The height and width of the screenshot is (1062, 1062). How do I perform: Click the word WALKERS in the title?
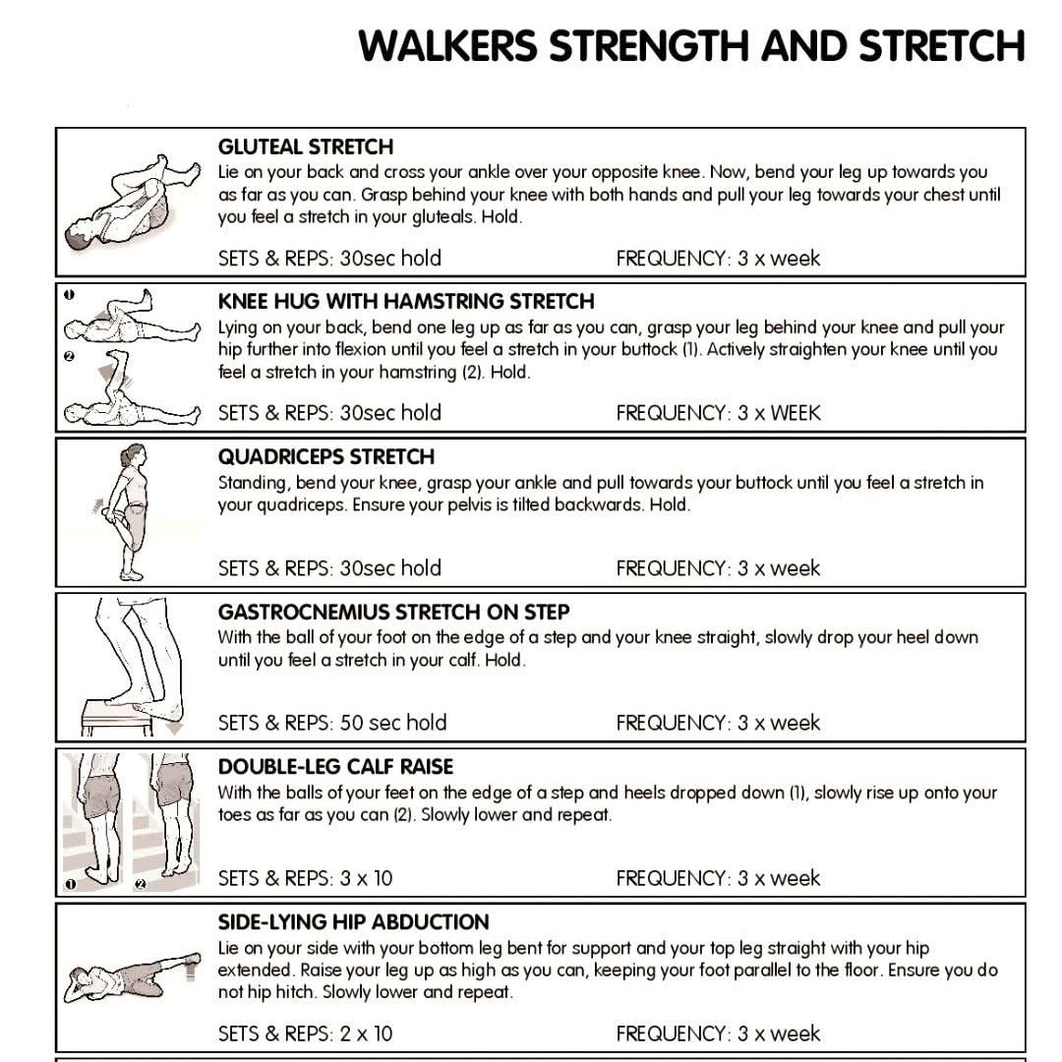click(447, 46)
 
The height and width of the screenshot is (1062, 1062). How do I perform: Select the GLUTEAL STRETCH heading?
click(306, 147)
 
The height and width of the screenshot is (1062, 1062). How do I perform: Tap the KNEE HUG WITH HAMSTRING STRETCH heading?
click(406, 302)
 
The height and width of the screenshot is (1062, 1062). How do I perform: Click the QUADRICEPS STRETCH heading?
click(325, 456)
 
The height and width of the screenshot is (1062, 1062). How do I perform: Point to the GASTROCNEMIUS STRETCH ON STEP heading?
click(393, 613)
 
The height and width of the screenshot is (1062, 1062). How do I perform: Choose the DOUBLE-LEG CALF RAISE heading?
click(335, 767)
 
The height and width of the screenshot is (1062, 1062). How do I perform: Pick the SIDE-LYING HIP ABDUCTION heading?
click(353, 921)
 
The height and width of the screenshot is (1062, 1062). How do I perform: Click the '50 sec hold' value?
click(392, 723)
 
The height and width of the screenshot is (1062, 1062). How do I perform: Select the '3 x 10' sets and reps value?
click(366, 878)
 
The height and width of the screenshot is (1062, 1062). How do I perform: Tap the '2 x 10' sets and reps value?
click(366, 1033)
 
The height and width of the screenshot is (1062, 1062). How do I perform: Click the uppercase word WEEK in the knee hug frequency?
click(796, 413)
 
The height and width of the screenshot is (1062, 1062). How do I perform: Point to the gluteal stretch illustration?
click(133, 204)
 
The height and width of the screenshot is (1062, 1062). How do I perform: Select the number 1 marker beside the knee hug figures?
click(69, 295)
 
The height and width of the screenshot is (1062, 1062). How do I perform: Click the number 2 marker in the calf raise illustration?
click(141, 884)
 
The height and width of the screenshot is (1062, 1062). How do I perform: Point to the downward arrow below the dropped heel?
click(174, 728)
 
